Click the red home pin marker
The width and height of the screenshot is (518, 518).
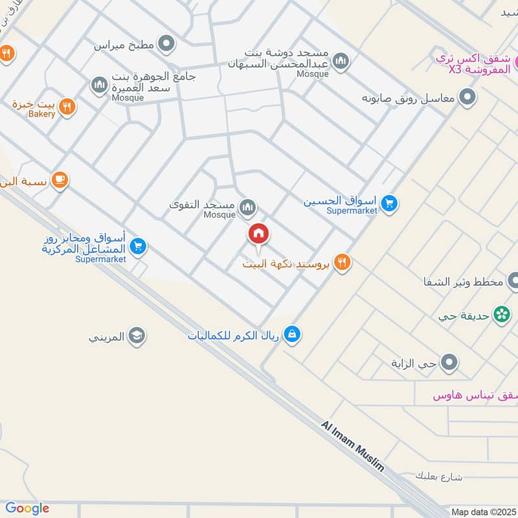[258, 234]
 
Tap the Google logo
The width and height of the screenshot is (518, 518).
[27, 509]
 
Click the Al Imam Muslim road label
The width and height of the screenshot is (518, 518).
[352, 446]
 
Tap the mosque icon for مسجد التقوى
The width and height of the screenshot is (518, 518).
[247, 207]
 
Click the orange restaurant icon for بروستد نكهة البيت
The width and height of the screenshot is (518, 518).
[343, 262]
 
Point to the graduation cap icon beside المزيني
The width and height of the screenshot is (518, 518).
[137, 335]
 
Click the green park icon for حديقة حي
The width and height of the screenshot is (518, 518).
[501, 314]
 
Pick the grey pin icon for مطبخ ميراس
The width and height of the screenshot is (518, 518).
[167, 44]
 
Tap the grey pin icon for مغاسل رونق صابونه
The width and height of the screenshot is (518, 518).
[467, 98]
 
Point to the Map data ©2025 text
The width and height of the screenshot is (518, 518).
[482, 512]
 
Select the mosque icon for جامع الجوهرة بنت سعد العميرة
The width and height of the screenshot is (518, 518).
[98, 85]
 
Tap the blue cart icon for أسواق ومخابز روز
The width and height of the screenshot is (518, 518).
[137, 246]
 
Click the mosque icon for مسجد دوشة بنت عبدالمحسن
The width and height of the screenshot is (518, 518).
[340, 62]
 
